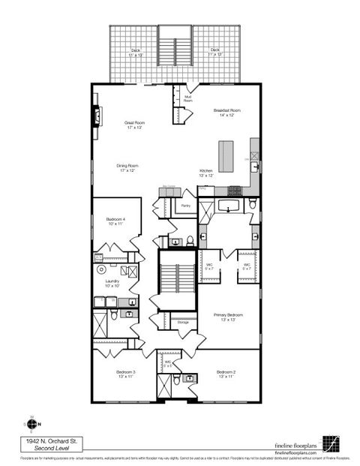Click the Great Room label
[x=134, y=125]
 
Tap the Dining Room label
[x=127, y=168]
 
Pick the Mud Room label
[x=187, y=98]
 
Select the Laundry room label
[x=112, y=283]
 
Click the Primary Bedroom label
[x=225, y=317]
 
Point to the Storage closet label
[x=183, y=322]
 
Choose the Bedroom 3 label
[x=125, y=374]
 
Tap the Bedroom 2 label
[x=226, y=374]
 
